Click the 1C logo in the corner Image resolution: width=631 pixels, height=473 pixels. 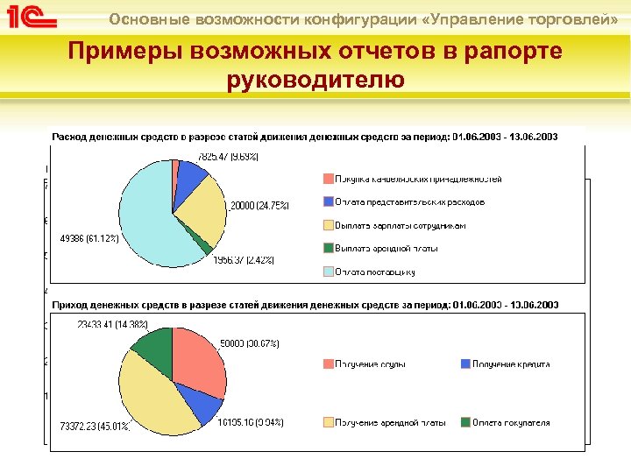[x=33, y=18]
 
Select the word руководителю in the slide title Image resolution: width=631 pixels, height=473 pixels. [x=315, y=81]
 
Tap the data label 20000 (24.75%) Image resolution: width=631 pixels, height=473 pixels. [x=259, y=205]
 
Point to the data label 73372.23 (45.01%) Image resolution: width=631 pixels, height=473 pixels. [x=95, y=426]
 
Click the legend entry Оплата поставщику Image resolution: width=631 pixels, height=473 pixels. [x=374, y=272]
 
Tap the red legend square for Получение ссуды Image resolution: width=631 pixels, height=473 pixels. [x=328, y=364]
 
